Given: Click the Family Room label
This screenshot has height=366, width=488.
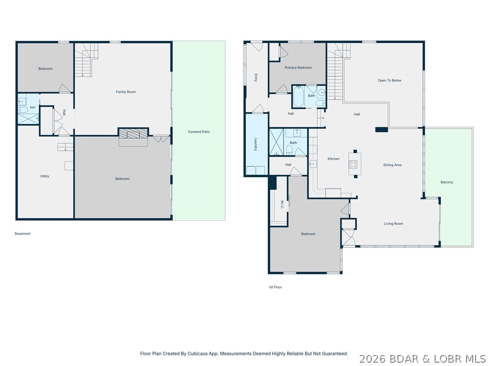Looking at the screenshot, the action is (x=126, y=92).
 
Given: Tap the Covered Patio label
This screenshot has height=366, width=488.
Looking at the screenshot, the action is (x=199, y=132).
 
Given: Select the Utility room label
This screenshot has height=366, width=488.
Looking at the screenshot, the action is (x=44, y=176).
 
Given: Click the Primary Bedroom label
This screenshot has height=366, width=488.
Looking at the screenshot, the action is (x=298, y=68).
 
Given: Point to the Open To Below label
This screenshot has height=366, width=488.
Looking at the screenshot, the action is (x=389, y=80).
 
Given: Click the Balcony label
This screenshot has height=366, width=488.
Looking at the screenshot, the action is (x=447, y=182).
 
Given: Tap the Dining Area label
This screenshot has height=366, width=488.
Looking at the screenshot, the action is (x=392, y=165).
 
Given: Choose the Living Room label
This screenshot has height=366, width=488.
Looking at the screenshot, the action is (x=393, y=224).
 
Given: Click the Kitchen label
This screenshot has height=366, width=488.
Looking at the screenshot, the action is (x=333, y=159).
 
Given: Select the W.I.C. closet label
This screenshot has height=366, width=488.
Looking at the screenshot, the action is (x=281, y=204).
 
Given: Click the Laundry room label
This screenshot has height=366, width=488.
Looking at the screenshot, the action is (x=255, y=144).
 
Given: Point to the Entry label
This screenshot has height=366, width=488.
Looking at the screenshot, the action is (x=255, y=78).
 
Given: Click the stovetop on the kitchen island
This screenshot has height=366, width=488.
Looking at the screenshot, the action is (x=353, y=164).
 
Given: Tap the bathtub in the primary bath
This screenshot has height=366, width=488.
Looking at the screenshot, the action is (x=298, y=96).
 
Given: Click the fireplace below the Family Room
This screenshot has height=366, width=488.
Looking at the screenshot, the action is (x=133, y=134).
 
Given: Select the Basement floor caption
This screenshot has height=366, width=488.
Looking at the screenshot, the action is (x=22, y=234).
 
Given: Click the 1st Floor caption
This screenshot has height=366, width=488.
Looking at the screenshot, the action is (x=275, y=287).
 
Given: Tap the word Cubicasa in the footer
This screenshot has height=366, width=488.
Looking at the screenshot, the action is (x=196, y=354).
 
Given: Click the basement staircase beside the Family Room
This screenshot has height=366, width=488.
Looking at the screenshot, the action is (x=86, y=60).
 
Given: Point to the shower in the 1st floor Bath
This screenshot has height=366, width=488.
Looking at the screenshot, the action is (x=277, y=142).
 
